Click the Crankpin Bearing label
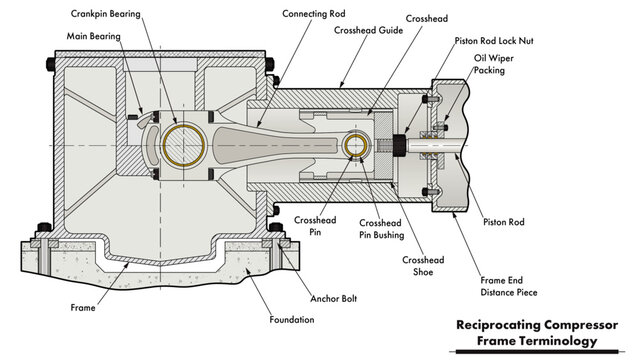pyautogui.click(x=106, y=15)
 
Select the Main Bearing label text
pyautogui.click(x=93, y=36)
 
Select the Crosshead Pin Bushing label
pyautogui.click(x=381, y=229)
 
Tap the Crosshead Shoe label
pyautogui.click(x=424, y=266)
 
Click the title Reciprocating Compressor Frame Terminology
pyautogui.click(x=541, y=333)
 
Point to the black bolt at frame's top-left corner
pyautogui.click(x=50, y=65)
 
